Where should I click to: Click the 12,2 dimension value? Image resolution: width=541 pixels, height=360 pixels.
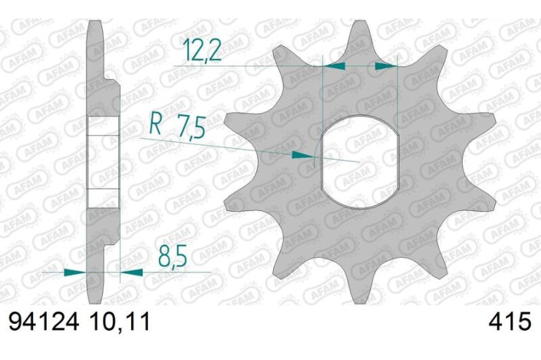pos(203,51)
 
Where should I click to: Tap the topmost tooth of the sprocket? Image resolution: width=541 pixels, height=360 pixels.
pos(361,35)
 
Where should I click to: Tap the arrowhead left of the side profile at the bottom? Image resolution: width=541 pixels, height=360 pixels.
pos(76,272)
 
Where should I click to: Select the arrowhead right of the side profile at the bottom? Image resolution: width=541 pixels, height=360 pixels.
pos(131,272)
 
